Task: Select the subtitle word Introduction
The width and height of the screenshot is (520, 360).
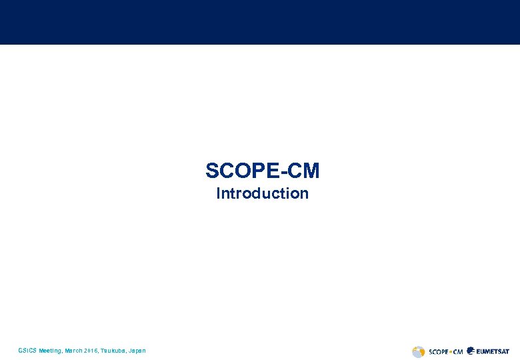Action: tap(263, 194)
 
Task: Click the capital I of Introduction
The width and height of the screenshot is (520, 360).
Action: tap(219, 194)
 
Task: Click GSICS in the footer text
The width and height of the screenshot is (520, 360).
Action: tap(28, 351)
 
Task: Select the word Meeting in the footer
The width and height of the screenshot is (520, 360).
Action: tap(50, 351)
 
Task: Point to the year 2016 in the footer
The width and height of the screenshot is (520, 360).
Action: tap(91, 351)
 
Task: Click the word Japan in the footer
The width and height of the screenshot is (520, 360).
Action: tap(137, 351)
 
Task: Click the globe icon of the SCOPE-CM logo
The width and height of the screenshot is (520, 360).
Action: tap(419, 351)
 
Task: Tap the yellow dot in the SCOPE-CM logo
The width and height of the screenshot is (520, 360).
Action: tap(451, 351)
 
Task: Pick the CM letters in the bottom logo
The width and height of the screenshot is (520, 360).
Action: tap(458, 351)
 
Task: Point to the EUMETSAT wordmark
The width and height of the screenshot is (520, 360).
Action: tap(493, 351)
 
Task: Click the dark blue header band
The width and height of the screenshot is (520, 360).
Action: tap(260, 22)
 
